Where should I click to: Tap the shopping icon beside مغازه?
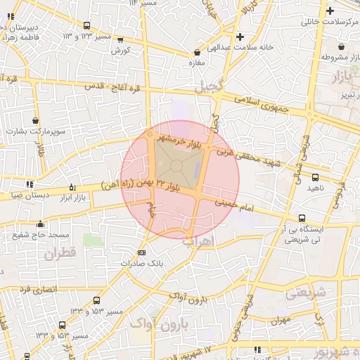(196, 52)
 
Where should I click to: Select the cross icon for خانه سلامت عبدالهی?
(240, 36)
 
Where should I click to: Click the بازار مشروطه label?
(335, 57)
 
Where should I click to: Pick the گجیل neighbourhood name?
(210, 87)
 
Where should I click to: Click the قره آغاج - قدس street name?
(113, 86)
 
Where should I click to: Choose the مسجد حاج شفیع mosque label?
(40, 234)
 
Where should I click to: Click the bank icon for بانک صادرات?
(142, 252)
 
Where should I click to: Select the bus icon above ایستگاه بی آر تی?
(302, 218)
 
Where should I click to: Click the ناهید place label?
(315, 188)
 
